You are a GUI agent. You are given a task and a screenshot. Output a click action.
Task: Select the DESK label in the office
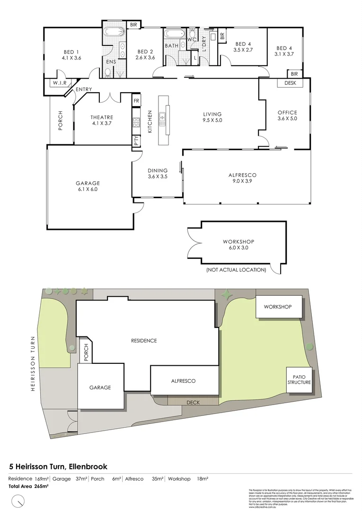(290, 83)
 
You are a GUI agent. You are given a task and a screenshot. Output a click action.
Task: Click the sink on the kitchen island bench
(163, 115)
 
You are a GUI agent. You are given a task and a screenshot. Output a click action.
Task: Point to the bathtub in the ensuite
(114, 33)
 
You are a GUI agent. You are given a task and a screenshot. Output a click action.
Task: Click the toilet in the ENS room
(108, 72)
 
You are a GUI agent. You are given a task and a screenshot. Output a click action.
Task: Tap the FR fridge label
(136, 101)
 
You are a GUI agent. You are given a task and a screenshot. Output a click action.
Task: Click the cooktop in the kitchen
(136, 123)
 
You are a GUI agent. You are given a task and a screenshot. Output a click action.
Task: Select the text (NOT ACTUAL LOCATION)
(236, 270)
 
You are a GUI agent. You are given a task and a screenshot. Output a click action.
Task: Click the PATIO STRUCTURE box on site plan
(299, 379)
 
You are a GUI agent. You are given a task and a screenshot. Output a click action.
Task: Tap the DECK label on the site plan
(193, 402)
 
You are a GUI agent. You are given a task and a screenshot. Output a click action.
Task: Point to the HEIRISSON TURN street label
(33, 363)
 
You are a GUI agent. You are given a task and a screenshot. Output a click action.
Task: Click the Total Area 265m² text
(28, 486)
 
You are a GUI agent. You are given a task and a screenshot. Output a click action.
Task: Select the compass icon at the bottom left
(18, 500)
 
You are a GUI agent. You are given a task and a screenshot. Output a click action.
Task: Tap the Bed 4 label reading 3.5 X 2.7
(244, 46)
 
